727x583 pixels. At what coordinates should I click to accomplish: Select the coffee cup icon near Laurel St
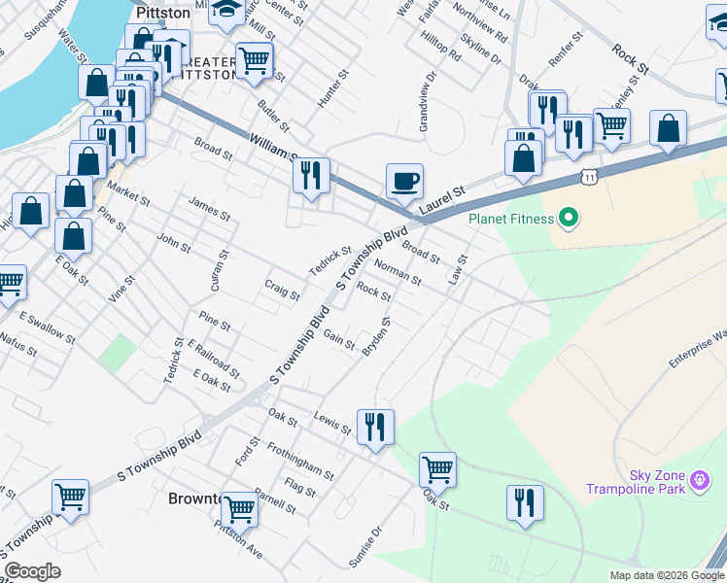[x=404, y=181]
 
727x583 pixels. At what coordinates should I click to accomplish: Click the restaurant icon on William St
[x=311, y=175]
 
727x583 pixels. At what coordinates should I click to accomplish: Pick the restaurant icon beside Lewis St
[x=375, y=426]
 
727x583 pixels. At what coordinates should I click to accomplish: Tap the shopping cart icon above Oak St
[x=437, y=470]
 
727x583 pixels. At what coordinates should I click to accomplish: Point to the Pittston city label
[x=163, y=13]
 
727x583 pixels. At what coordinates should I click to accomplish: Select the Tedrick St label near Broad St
[x=330, y=259]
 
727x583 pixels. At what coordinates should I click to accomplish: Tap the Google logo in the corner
[x=32, y=571]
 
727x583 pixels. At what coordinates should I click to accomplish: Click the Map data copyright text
[x=667, y=575]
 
